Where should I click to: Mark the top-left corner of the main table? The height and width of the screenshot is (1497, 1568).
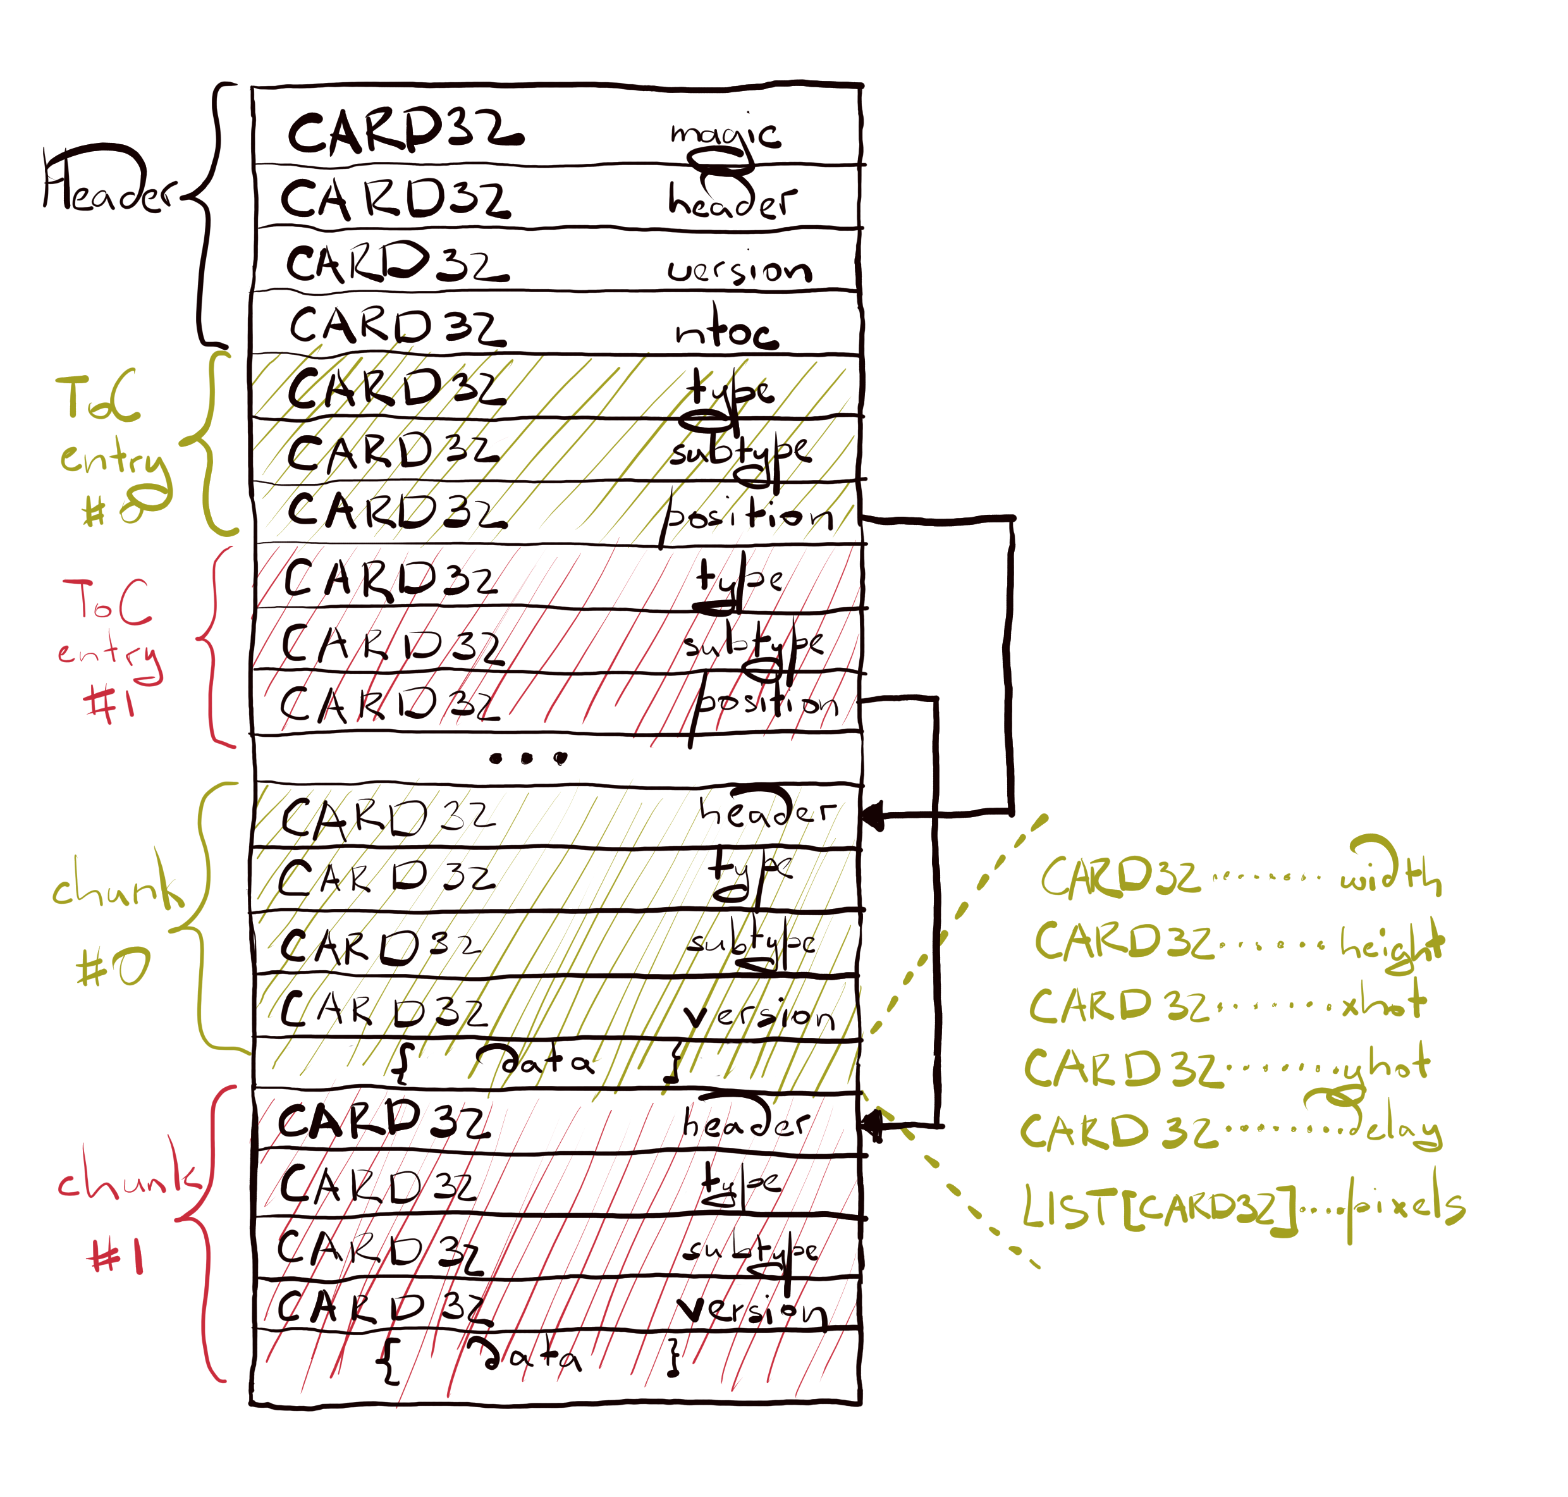(x=253, y=86)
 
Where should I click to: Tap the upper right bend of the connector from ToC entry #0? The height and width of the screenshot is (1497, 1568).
(x=1013, y=519)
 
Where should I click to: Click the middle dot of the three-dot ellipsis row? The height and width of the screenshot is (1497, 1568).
(x=527, y=758)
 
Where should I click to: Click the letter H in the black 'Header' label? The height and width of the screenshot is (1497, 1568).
(x=60, y=180)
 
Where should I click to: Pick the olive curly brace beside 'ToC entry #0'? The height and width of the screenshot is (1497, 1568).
(x=207, y=443)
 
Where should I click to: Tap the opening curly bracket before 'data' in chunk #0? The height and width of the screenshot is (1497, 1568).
(x=403, y=1062)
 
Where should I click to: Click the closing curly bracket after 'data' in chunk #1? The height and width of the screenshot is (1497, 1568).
(x=675, y=1357)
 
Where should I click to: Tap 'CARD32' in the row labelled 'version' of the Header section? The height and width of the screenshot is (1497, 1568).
(x=397, y=263)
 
